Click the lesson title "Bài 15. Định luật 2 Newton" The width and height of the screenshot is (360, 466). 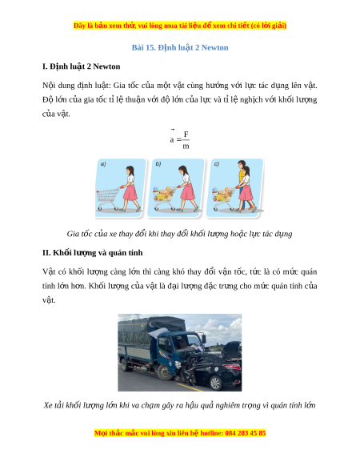point(180,47)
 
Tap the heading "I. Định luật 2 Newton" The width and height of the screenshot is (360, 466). point(81,66)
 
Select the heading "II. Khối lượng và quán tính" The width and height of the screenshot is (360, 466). point(92,252)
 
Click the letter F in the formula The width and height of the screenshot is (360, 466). point(186,134)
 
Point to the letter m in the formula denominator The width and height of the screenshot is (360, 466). point(186,146)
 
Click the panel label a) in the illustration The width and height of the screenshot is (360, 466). point(103,164)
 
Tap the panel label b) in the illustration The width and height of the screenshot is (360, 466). point(158,164)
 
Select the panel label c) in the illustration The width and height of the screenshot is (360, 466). point(217,164)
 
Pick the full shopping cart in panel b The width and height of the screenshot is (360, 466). point(164,198)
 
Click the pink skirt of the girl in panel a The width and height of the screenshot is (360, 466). point(130,192)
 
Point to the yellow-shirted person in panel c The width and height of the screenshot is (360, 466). point(242,184)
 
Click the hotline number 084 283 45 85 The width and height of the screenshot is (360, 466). point(246,433)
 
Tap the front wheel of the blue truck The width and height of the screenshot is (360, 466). point(164,372)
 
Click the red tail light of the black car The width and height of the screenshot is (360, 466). point(234,367)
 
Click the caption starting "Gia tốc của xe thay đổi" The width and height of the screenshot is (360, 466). point(179,234)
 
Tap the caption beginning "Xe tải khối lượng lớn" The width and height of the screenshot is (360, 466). point(180,405)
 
